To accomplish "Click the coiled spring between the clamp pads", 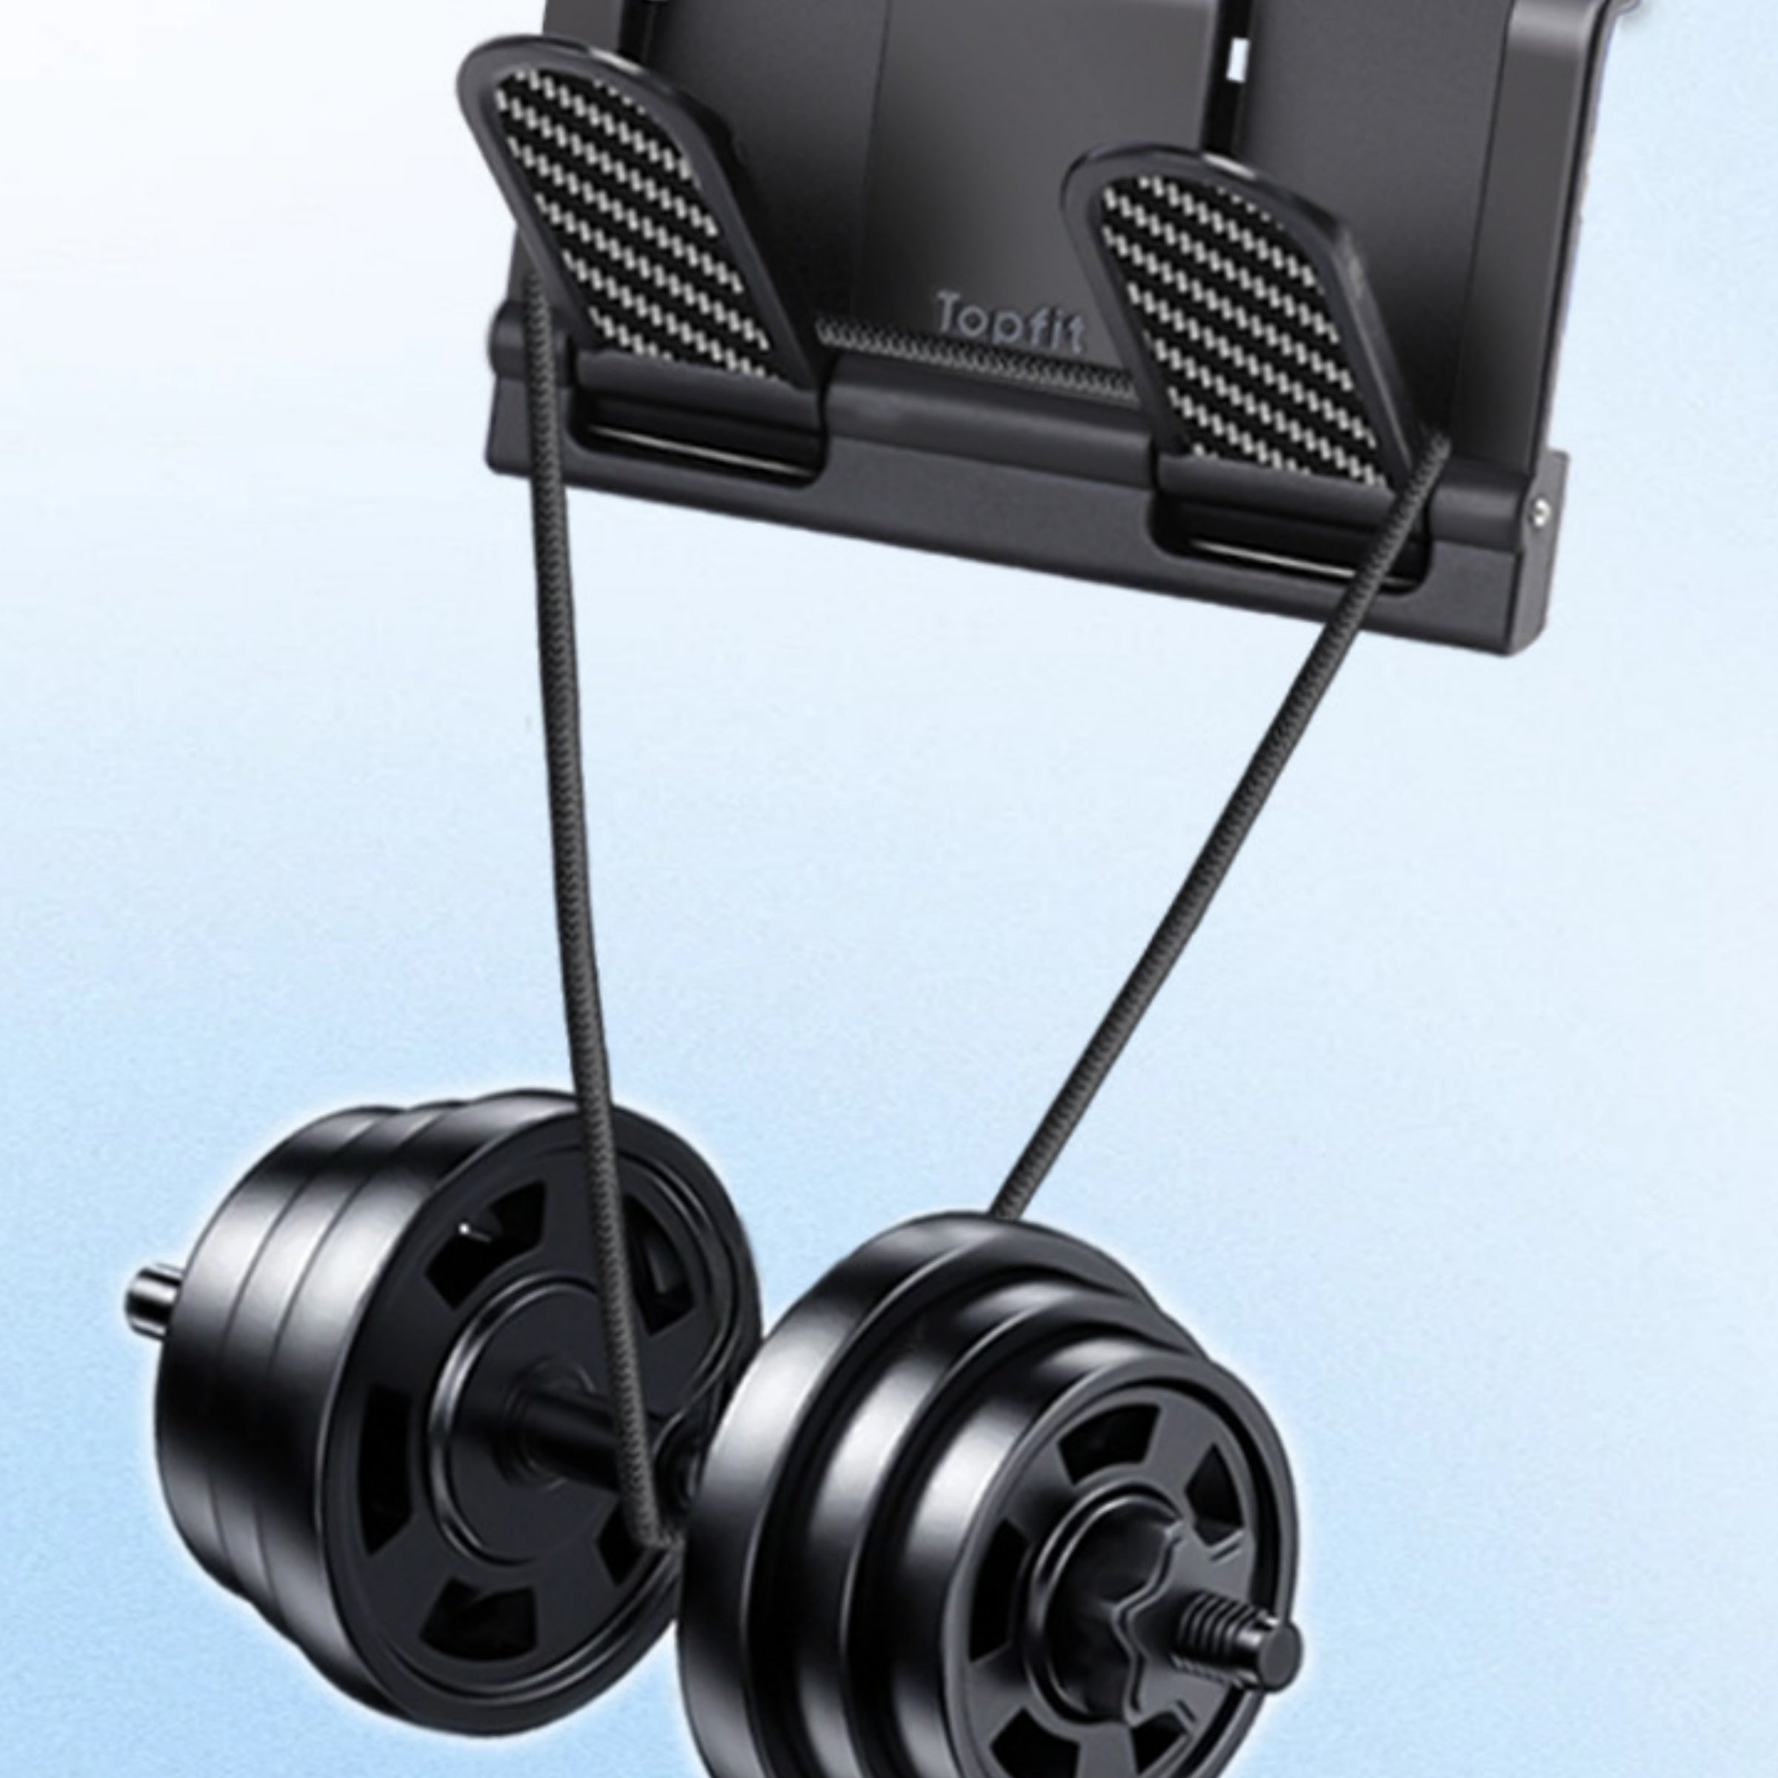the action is (x=976, y=357).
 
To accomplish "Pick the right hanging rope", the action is (x=1215, y=828).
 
